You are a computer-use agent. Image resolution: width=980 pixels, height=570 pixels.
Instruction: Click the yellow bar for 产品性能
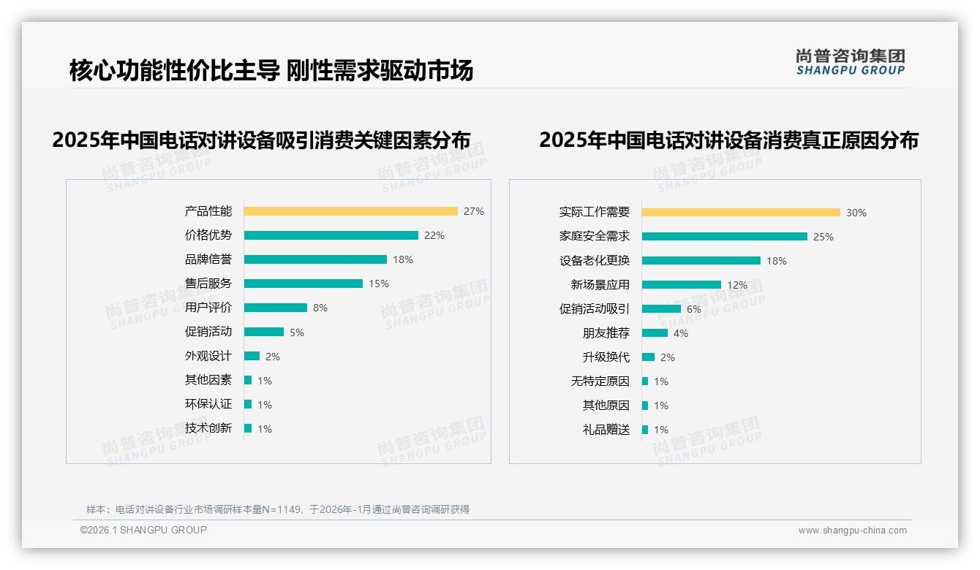point(350,211)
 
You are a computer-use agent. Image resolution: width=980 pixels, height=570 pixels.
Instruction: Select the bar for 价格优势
point(331,235)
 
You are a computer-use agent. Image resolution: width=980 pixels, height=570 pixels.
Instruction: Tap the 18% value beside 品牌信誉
point(403,259)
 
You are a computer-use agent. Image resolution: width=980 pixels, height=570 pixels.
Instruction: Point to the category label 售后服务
point(208,284)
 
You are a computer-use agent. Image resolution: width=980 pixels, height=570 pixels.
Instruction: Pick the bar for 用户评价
point(275,308)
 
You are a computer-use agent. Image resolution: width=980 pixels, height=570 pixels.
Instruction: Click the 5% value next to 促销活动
point(297,332)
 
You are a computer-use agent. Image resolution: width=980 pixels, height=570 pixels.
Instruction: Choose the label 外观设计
point(208,356)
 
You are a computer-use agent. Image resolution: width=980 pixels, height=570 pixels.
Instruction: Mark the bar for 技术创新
point(248,428)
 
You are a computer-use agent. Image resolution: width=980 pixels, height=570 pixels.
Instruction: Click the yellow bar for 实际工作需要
point(741,213)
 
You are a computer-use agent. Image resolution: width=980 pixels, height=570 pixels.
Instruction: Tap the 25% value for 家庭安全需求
point(823,237)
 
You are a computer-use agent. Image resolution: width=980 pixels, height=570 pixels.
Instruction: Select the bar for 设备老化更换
point(701,261)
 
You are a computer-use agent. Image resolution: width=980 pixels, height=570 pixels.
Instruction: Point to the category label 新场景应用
point(600,285)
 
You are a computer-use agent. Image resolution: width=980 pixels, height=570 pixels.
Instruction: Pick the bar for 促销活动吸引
point(661,309)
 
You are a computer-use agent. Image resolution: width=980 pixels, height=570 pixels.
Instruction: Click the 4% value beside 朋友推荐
point(681,333)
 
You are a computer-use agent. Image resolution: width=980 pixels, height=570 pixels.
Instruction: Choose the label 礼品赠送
point(606,430)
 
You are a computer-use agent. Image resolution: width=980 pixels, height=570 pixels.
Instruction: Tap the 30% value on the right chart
point(856,213)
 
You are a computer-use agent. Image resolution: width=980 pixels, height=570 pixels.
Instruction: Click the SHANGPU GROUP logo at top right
point(850,62)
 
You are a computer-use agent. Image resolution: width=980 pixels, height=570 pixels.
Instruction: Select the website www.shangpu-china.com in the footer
point(852,531)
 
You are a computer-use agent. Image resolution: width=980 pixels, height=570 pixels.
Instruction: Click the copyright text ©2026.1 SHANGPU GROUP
point(143,530)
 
